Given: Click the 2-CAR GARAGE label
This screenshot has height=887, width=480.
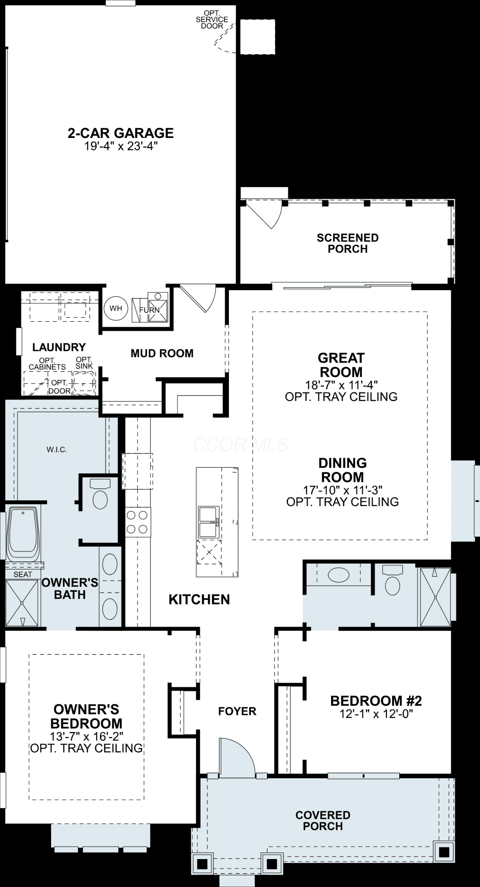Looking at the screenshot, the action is coord(121,133).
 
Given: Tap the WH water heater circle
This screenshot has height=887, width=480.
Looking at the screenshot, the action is coord(116,308).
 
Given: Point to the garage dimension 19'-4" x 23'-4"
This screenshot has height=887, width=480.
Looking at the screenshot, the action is coord(121,146).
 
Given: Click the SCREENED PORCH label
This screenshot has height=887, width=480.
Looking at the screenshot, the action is coord(348,243).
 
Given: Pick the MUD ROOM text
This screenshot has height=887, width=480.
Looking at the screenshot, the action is coord(162,353).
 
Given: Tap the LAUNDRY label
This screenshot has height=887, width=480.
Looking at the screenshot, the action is coord(59,347).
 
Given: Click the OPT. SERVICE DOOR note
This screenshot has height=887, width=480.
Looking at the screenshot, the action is coord(212,20).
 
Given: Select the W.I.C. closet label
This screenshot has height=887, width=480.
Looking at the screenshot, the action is coord(57,450).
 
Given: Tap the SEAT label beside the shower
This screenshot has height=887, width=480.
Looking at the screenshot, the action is coord(23,574).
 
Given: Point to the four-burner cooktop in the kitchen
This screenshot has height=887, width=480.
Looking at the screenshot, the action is coord(138,522).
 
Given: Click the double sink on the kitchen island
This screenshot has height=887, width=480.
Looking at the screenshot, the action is coord(208,522).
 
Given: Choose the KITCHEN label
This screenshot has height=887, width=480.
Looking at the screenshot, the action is coord(199,600).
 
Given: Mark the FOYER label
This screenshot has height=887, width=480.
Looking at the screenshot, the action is coord(237,711).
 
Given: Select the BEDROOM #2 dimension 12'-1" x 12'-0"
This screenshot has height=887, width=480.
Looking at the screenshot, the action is coord(376,714).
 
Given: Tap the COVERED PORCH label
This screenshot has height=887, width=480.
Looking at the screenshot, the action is coord(323,820).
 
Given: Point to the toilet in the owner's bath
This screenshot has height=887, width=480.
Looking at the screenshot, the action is coord(100,494).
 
